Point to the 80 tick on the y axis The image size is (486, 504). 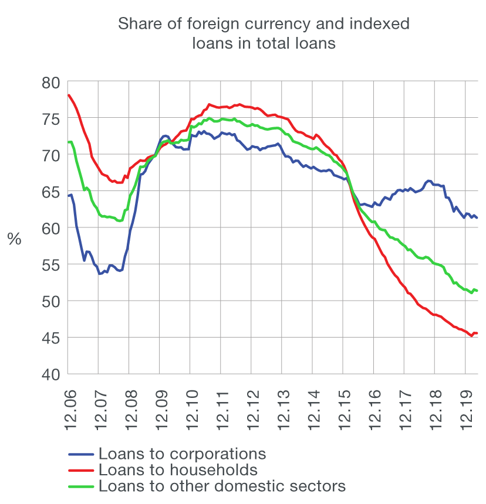[x=52, y=82]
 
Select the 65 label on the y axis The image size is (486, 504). [x=52, y=192]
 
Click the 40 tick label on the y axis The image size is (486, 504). [x=52, y=374]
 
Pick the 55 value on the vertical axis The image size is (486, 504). [x=52, y=265]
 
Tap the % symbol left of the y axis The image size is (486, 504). [x=14, y=239]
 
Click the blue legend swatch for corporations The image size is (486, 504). [x=81, y=454]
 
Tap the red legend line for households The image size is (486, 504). [x=81, y=470]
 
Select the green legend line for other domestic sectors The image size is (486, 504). [x=81, y=486]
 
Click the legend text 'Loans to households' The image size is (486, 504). [x=178, y=470]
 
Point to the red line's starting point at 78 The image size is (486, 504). [x=69, y=95]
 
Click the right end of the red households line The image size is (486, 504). [x=477, y=333]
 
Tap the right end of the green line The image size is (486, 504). [x=477, y=291]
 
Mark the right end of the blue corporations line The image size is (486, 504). [x=477, y=218]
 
